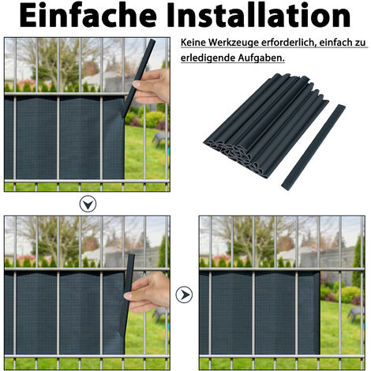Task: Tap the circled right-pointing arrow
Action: [x=185, y=294]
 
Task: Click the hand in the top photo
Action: [x=156, y=84]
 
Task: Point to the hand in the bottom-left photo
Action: [x=152, y=290]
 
